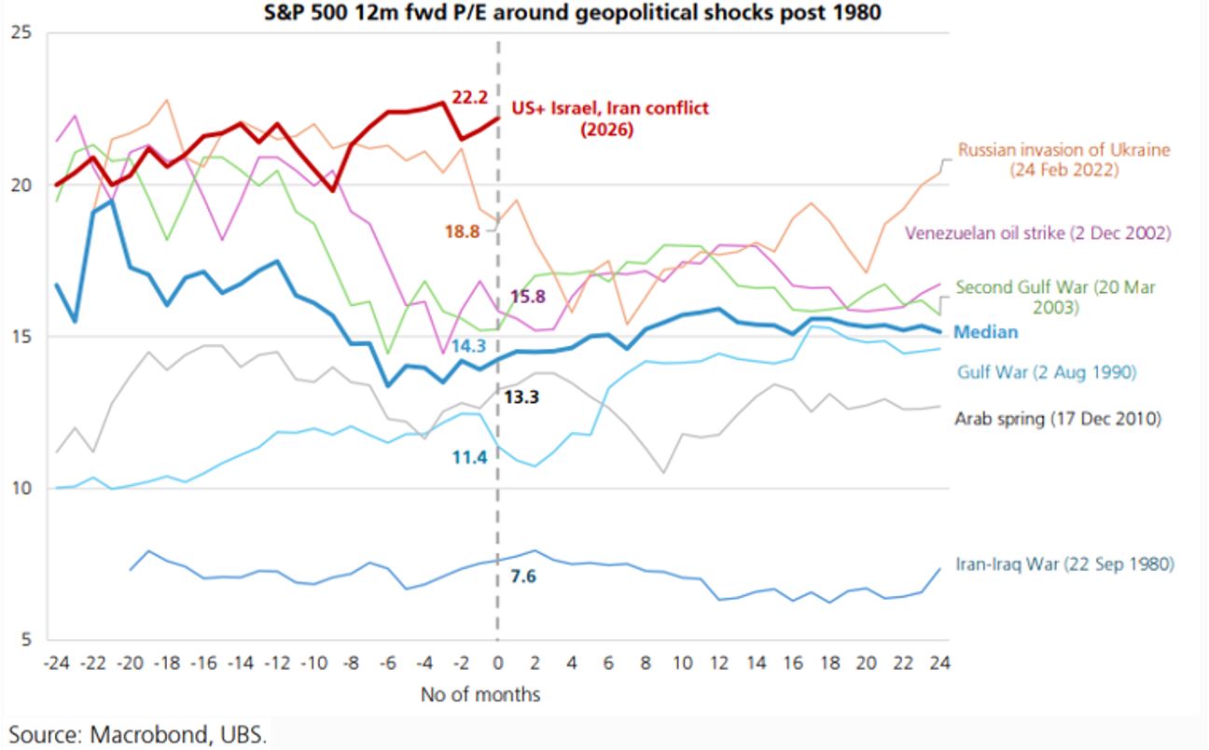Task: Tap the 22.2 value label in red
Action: [468, 97]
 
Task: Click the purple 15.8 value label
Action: [529, 297]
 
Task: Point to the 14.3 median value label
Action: [469, 345]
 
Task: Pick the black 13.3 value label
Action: [521, 397]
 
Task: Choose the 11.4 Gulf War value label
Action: [468, 457]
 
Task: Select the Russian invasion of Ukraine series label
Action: [1063, 160]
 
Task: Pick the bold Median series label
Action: [986, 332]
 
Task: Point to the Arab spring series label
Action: [1058, 419]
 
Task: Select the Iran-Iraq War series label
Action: [1064, 564]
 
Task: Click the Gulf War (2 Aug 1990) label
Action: [1046, 372]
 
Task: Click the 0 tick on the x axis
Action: [497, 662]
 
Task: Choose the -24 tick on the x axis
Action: [57, 662]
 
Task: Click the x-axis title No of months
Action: [479, 694]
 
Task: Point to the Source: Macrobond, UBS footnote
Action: [138, 734]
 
